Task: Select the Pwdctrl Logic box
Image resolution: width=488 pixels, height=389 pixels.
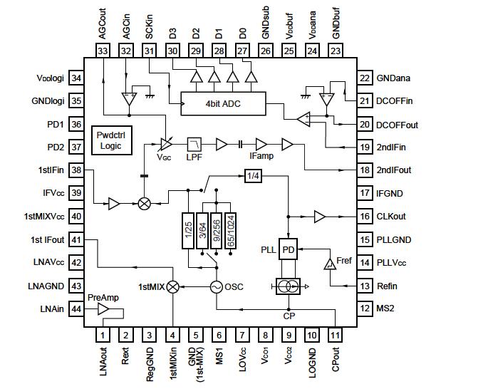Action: tap(110, 140)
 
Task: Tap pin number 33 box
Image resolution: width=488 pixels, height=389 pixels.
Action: tap(103, 51)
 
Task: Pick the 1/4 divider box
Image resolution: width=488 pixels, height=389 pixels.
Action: tap(253, 175)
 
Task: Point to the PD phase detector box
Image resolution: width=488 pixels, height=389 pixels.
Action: tap(289, 249)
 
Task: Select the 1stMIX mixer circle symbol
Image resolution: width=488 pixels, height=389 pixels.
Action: tap(172, 286)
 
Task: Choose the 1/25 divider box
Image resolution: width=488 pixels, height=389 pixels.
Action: tap(189, 230)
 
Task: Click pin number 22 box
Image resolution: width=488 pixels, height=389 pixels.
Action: tap(365, 78)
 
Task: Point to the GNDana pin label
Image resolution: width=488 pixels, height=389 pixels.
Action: tap(395, 78)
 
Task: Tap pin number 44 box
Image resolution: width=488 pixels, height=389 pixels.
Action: tap(76, 309)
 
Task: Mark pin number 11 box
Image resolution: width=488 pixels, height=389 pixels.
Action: tap(335, 335)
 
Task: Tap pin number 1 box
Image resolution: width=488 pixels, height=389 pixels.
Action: tap(103, 335)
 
